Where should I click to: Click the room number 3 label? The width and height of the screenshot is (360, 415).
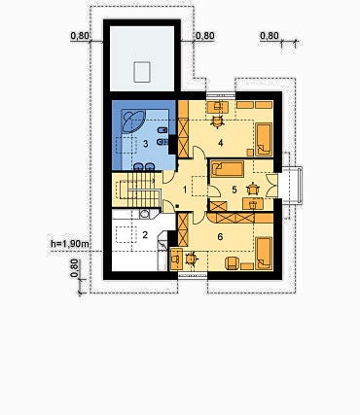pyautogui.click(x=146, y=144)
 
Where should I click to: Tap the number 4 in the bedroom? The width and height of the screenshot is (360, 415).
pyautogui.click(x=221, y=143)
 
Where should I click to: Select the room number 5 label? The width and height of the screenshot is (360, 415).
pyautogui.click(x=234, y=190)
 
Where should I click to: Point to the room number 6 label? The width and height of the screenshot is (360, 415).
pyautogui.click(x=220, y=237)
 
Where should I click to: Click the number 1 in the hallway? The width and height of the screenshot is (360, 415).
pyautogui.click(x=185, y=190)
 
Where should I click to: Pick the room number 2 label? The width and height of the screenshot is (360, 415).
pyautogui.click(x=145, y=235)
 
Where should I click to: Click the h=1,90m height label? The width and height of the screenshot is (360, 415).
pyautogui.click(x=69, y=244)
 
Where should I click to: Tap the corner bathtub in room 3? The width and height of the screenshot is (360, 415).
pyautogui.click(x=132, y=121)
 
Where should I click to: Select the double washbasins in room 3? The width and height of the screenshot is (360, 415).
pyautogui.click(x=144, y=166)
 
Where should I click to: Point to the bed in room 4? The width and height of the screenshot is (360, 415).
pyautogui.click(x=264, y=139)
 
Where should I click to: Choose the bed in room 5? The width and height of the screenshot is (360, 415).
pyautogui.click(x=228, y=169)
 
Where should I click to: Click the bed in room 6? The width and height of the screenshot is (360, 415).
pyautogui.click(x=264, y=254)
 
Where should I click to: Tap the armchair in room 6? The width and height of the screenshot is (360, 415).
pyautogui.click(x=233, y=263)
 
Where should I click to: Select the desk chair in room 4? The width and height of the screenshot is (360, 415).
pyautogui.click(x=217, y=121)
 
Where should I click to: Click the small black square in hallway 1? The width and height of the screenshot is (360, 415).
pyautogui.click(x=177, y=206)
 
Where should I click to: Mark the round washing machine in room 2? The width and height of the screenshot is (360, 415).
pyautogui.click(x=145, y=213)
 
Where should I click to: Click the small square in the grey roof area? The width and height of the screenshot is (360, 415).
pyautogui.click(x=142, y=72)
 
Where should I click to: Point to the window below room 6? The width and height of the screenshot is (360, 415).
pyautogui.click(x=193, y=275)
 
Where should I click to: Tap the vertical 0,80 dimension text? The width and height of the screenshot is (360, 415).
pyautogui.click(x=75, y=268)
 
